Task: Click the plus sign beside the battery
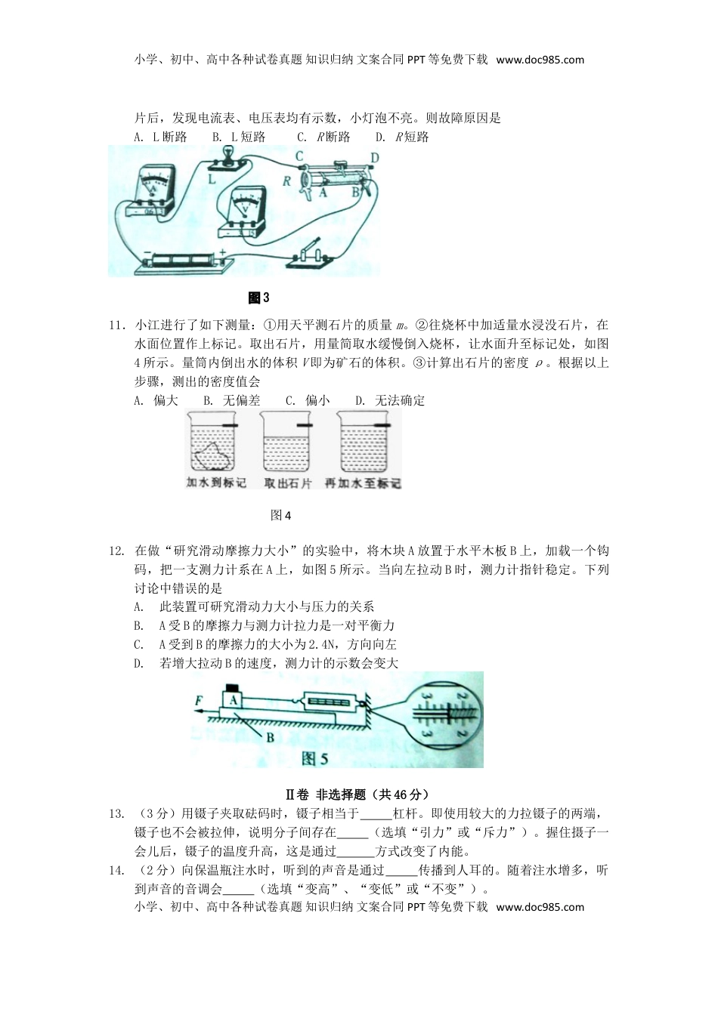coord(222,255)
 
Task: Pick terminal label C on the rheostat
coord(299,157)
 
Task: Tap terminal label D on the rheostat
coord(374,157)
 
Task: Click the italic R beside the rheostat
coord(287,181)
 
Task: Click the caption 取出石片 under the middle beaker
coord(287,483)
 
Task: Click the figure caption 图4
coord(280,515)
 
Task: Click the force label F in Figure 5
coord(199,701)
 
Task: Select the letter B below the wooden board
coord(270,738)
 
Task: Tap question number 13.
coord(116,813)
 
